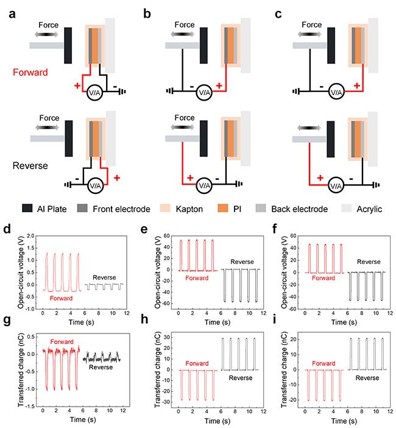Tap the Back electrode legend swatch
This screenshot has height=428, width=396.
click(x=259, y=209)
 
